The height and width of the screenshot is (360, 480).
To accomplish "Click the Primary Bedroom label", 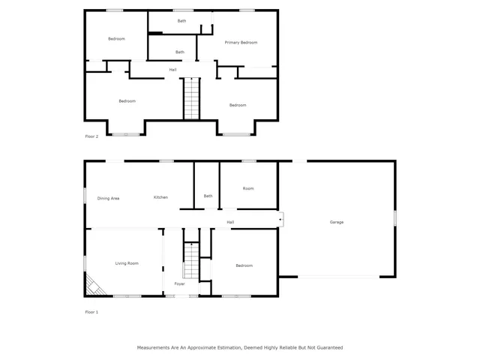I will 241,43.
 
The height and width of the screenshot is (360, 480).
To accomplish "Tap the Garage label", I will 337,222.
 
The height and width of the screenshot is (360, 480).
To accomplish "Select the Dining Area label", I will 108,198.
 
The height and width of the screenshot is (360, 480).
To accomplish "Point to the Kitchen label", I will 160,197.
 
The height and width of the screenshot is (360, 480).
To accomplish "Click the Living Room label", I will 127,263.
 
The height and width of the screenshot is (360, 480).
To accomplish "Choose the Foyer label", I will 179,284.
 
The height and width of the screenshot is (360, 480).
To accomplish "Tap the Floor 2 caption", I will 91,136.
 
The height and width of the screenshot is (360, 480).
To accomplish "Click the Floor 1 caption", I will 91,312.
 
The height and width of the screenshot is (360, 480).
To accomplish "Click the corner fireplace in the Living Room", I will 94,285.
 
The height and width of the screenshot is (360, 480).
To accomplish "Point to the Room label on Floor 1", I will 247,188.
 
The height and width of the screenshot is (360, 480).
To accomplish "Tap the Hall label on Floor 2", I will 172,70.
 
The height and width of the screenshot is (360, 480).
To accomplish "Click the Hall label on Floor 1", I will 230,222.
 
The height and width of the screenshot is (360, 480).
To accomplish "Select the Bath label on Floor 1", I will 208,196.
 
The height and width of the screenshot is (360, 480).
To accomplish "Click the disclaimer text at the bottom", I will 239,348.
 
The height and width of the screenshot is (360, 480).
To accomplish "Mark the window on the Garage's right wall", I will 394,217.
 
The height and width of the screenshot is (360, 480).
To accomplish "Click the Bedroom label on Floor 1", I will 244,265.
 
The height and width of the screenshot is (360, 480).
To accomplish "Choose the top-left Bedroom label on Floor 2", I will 116,39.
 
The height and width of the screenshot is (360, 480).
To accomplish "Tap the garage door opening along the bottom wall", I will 337,277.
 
